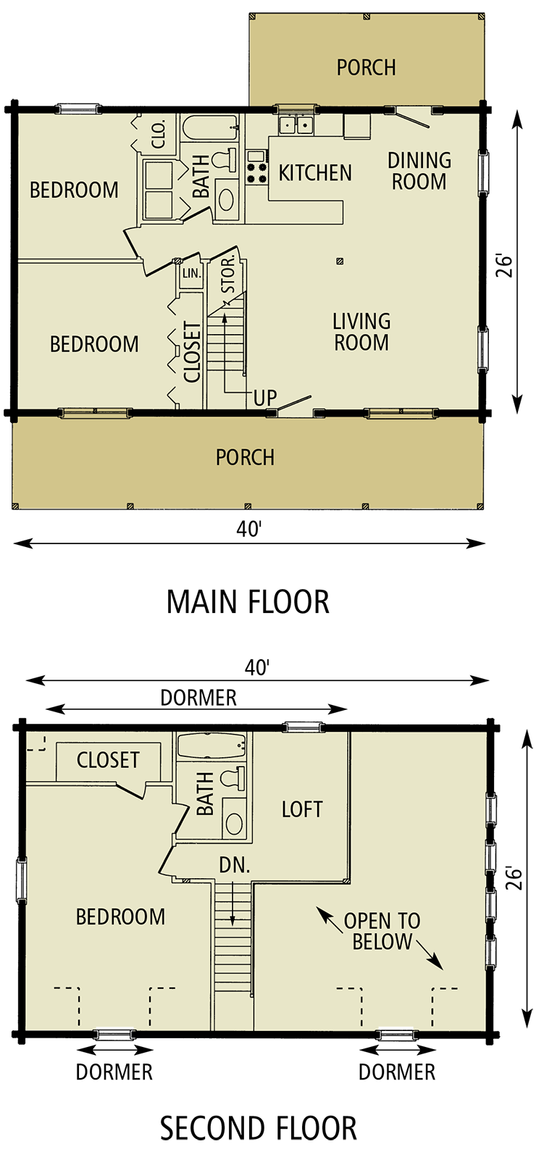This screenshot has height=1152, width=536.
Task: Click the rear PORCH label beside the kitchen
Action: [x=366, y=67]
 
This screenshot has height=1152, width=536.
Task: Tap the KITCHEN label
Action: [x=315, y=173]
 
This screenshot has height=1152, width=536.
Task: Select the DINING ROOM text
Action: [x=419, y=171]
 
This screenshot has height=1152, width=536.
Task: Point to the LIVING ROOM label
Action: [x=361, y=332]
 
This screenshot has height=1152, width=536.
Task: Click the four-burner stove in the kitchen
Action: [x=256, y=167]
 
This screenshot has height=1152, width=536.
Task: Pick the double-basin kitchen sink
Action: [x=296, y=125]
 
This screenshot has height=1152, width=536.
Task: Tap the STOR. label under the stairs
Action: [x=227, y=274]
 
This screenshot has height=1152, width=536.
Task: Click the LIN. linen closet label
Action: [x=191, y=273]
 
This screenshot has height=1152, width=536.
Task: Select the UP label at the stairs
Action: [x=265, y=398]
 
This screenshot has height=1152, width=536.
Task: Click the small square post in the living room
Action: [x=340, y=262]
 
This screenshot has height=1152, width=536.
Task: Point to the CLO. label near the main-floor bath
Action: [x=159, y=133]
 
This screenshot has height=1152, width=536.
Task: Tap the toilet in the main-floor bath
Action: [x=226, y=158]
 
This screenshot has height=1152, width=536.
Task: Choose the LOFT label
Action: [x=302, y=809]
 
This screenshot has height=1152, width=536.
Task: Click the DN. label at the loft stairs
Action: [x=234, y=865]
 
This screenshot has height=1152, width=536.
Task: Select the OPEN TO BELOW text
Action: [x=382, y=931]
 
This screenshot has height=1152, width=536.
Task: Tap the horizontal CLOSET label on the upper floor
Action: [x=108, y=760]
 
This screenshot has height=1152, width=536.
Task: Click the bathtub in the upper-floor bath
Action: [x=211, y=745]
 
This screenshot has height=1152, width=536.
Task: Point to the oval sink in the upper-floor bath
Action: [x=234, y=823]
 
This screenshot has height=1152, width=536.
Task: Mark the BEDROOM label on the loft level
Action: [x=120, y=917]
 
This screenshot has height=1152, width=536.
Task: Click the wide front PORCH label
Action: [x=245, y=457]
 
